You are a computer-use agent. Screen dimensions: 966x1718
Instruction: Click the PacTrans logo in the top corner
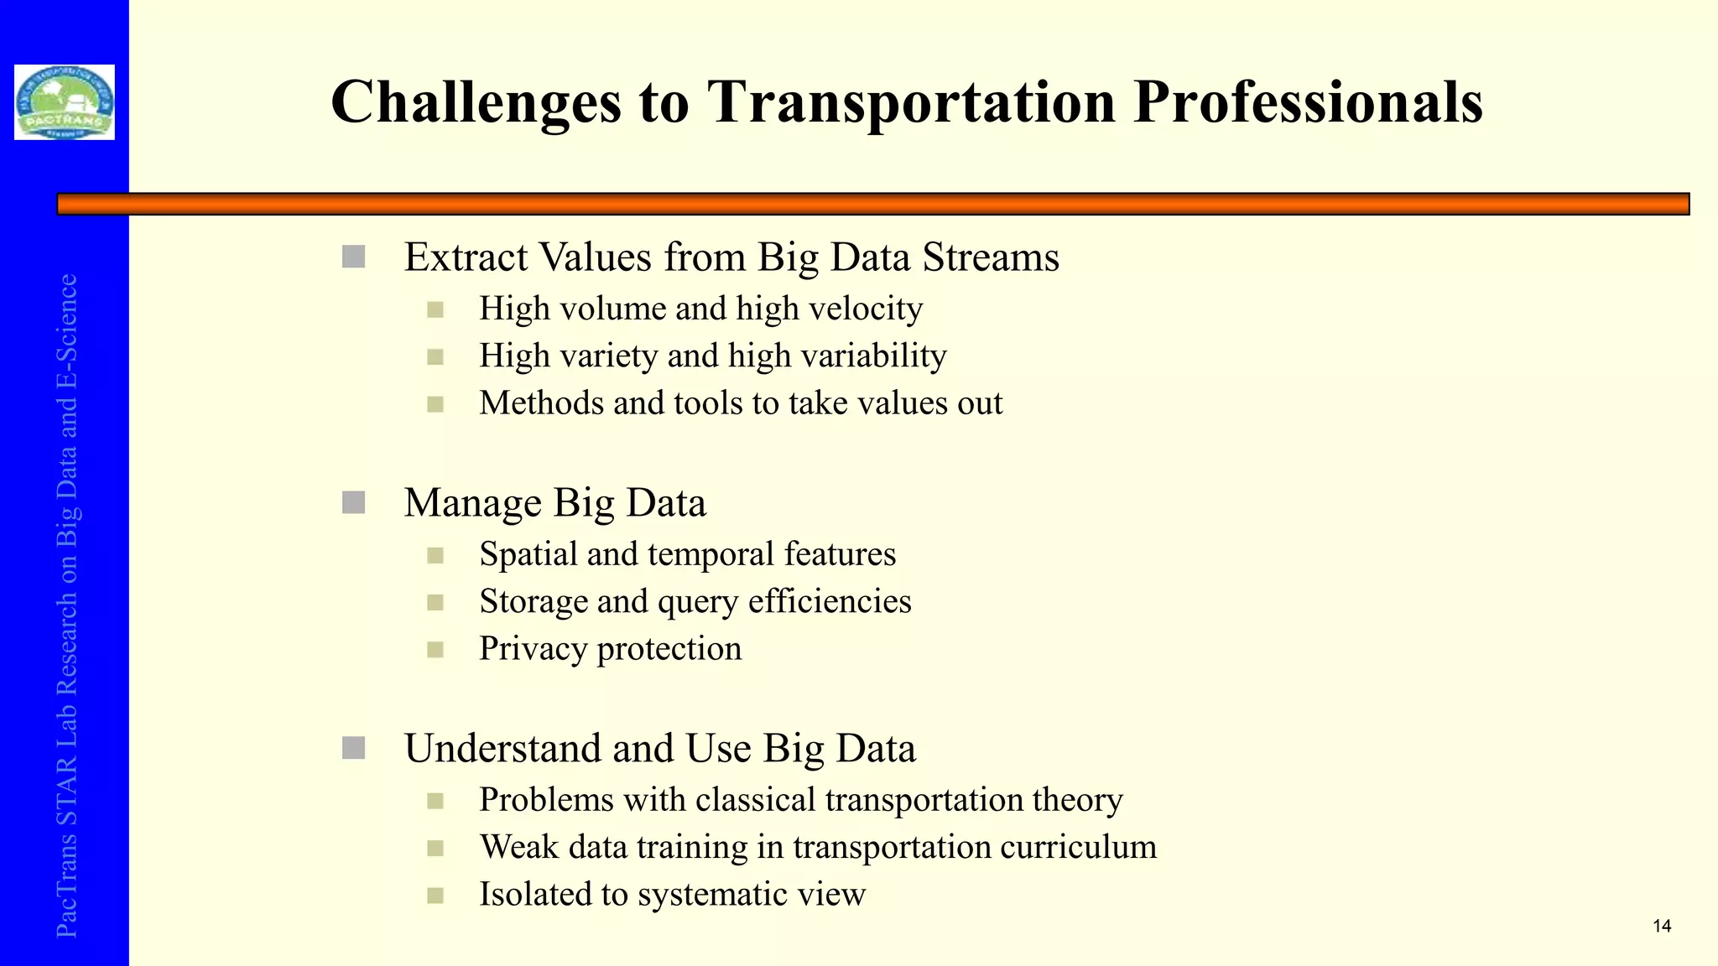(x=65, y=102)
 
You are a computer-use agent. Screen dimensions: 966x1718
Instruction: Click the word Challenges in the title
(x=476, y=102)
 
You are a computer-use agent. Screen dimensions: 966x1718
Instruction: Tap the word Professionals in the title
(x=1308, y=102)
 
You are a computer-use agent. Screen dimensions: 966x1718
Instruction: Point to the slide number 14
(x=1661, y=927)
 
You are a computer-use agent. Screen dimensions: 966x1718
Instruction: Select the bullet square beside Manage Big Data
(x=354, y=503)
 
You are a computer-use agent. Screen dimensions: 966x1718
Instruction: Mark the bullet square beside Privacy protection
(x=435, y=650)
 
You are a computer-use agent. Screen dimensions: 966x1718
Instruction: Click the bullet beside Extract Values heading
(x=354, y=257)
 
